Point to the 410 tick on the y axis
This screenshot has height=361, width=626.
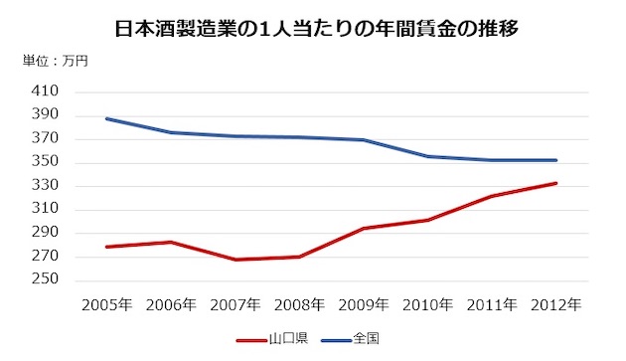pos(46,91)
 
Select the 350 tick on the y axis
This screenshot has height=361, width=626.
pos(46,162)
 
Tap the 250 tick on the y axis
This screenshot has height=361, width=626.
pos(46,279)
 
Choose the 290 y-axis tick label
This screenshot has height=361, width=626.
pos(46,233)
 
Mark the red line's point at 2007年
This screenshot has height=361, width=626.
pos(235,260)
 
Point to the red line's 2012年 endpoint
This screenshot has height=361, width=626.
pos(555,183)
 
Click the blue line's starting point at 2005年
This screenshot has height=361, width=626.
pos(106,118)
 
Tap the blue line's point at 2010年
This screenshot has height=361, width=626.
pos(427,156)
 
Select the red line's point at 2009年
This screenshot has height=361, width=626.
pos(364,229)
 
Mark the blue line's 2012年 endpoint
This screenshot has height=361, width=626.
pos(555,160)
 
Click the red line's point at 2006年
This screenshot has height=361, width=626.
pos(171,242)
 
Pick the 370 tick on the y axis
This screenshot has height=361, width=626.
pos(46,139)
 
